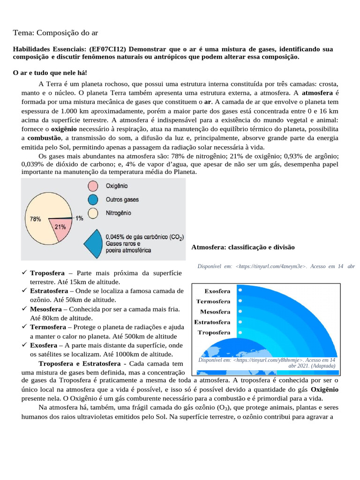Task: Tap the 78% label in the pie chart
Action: [35, 218]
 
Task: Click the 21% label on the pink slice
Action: [60, 226]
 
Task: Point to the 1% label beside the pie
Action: [79, 218]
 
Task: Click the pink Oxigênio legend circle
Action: [92, 186]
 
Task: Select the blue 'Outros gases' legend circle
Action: [92, 199]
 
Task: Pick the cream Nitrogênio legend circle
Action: [92, 213]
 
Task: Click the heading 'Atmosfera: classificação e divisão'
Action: [243, 247]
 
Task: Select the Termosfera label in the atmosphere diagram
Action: [213, 301]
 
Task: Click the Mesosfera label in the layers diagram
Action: [215, 312]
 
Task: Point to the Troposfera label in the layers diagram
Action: [214, 332]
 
